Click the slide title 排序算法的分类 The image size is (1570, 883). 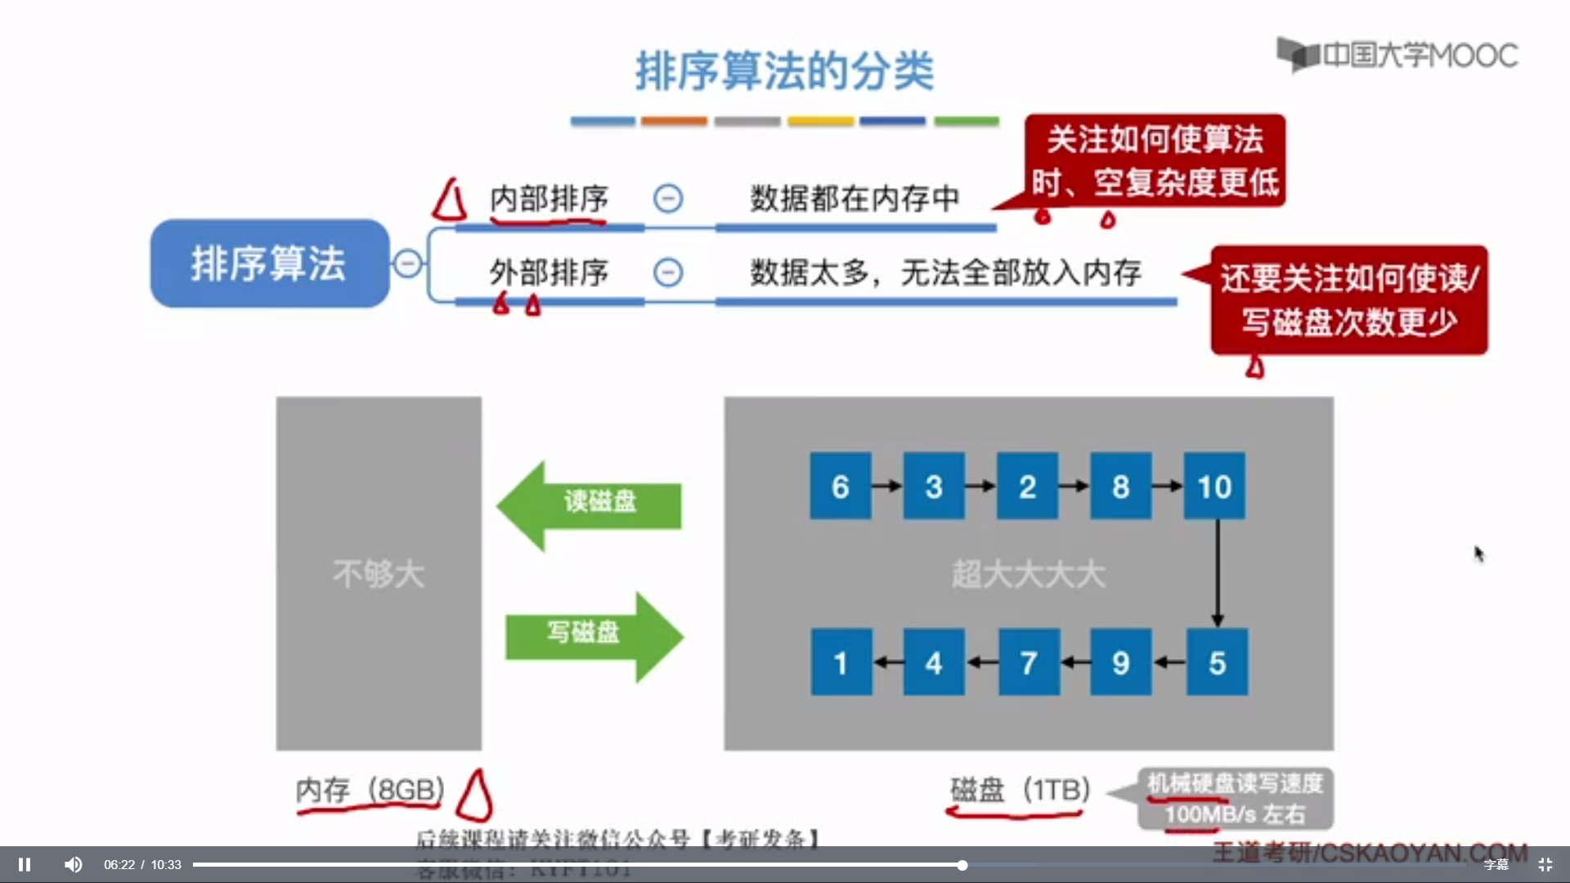click(x=784, y=71)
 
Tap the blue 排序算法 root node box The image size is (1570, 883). click(x=269, y=263)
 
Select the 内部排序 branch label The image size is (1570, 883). click(x=549, y=199)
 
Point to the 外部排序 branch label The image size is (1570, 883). click(x=549, y=272)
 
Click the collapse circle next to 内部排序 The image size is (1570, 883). click(x=668, y=199)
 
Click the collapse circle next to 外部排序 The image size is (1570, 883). click(x=668, y=272)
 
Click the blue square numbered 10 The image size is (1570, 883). click(x=1214, y=486)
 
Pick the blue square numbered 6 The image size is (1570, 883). click(x=840, y=486)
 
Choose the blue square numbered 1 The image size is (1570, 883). click(x=841, y=662)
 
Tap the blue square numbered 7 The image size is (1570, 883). click(x=1028, y=662)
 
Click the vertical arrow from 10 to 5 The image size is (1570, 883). click(x=1218, y=573)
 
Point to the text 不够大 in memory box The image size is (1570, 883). click(x=379, y=574)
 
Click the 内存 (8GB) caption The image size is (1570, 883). click(x=370, y=790)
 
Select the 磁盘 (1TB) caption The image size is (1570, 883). click(x=1019, y=790)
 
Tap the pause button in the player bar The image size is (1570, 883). click(x=25, y=864)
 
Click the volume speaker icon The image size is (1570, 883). click(x=73, y=864)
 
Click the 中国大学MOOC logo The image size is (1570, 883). click(x=1397, y=55)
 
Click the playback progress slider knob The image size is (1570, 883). click(x=962, y=865)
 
